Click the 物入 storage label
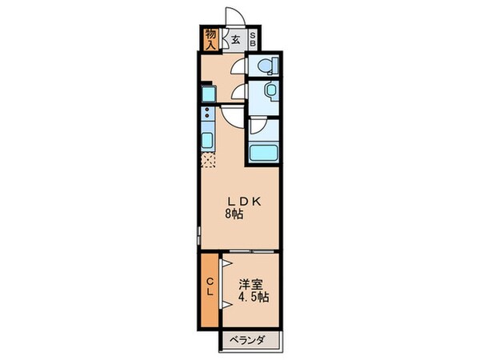tap(210, 38)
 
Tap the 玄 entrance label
tap(236, 38)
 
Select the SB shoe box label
tap(253, 38)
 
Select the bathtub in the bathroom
tap(263, 154)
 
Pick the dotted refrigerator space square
tap(207, 160)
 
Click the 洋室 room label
tap(252, 283)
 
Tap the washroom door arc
tap(238, 94)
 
